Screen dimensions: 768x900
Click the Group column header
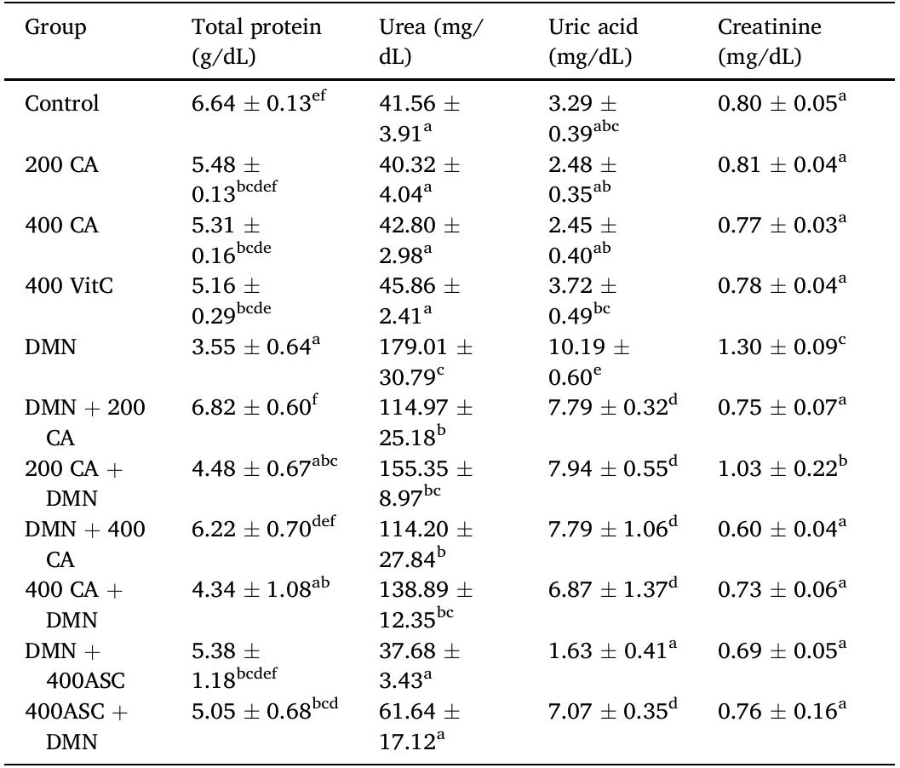point(55,28)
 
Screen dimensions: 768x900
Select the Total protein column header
point(256,42)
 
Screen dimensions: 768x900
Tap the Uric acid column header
point(593,42)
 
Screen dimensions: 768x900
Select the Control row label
point(62,104)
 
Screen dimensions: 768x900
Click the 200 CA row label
point(62,164)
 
